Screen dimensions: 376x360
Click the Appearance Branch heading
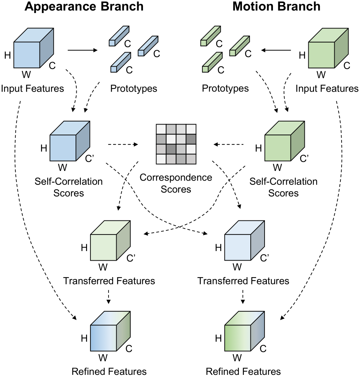[84, 7]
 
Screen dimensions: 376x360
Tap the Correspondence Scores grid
[176, 144]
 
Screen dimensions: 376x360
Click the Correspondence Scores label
[176, 183]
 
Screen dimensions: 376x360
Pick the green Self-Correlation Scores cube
[284, 142]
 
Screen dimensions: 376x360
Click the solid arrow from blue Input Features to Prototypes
[83, 50]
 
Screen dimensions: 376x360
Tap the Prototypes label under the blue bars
[134, 89]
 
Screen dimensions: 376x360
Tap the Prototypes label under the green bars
[225, 89]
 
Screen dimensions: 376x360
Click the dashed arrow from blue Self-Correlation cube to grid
[123, 144]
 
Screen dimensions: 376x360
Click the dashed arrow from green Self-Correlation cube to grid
[229, 144]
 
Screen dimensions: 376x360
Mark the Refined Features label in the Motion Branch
[243, 371]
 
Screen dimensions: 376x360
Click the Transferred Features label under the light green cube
[109, 281]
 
